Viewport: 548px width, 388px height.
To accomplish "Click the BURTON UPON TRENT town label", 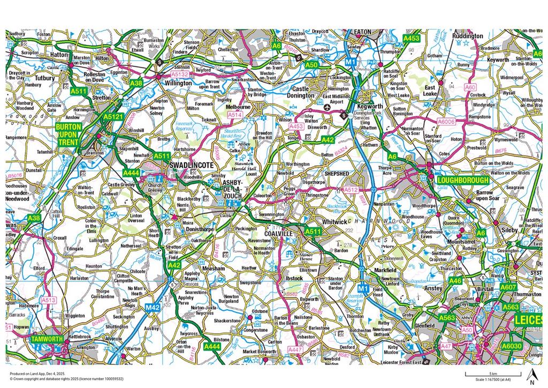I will point(70,135).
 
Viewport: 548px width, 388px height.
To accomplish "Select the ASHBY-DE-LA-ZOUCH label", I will point(232,190).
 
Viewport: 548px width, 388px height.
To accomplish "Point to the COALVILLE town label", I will point(279,234).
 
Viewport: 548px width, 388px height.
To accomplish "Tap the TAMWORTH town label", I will point(47,339).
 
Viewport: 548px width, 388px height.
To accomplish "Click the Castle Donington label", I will point(303,92).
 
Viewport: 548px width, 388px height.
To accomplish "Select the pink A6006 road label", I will point(446,122).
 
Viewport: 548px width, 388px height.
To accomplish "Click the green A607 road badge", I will point(508,287).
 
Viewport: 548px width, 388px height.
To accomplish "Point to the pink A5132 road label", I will point(179,74).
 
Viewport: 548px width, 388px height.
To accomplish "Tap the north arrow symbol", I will point(531,377).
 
